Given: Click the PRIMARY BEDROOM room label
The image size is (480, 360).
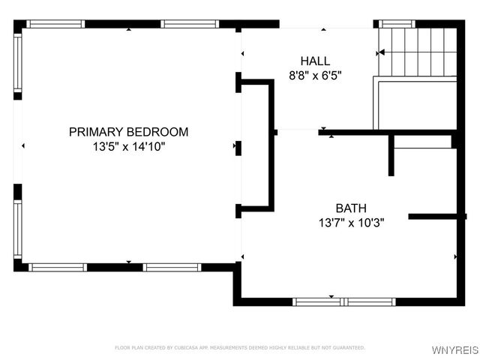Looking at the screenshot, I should [x=128, y=132].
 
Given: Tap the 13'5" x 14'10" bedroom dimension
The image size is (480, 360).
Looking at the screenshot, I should [x=128, y=147].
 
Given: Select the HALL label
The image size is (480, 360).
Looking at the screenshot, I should [x=315, y=61].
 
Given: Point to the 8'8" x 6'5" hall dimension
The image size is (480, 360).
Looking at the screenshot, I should [x=315, y=75].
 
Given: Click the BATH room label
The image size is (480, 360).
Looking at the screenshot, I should [x=351, y=208].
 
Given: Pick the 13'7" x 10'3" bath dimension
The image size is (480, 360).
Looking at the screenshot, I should [x=351, y=223].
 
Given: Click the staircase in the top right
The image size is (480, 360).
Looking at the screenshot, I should [x=417, y=52].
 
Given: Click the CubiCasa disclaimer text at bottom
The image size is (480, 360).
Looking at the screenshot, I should [x=239, y=348].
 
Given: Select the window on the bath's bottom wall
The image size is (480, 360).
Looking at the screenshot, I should [x=343, y=301].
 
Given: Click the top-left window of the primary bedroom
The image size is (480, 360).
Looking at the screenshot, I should [x=55, y=24].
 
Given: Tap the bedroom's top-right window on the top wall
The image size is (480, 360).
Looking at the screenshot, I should [x=190, y=24].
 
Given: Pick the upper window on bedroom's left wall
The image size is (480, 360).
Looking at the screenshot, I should [x=17, y=63].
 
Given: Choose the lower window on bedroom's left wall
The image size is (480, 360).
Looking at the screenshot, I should [x=17, y=229].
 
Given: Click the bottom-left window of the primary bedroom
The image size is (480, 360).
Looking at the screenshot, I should [x=58, y=267].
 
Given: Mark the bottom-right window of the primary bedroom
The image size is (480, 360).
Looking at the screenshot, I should [x=172, y=267].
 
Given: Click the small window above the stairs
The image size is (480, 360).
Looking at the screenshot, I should [x=397, y=24].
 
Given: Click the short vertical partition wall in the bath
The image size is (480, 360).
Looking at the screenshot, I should [x=391, y=155].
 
